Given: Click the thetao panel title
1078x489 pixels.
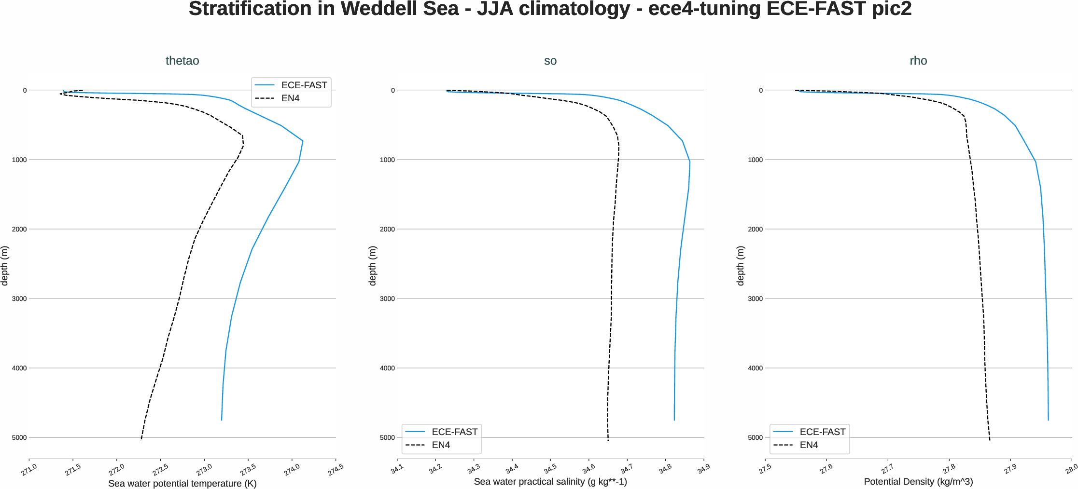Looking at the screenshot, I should click(x=182, y=61).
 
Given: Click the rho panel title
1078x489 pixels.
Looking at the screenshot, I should click(x=918, y=61).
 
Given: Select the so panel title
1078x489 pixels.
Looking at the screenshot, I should click(x=550, y=61).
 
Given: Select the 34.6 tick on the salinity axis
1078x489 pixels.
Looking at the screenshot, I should click(x=588, y=468).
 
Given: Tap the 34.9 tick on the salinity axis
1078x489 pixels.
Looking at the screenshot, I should click(x=703, y=468).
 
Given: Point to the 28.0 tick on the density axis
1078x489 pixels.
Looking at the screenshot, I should click(x=1071, y=468).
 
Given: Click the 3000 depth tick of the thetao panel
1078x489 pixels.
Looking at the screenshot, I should click(x=19, y=299).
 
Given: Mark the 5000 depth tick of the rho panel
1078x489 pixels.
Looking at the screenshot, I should click(x=755, y=438).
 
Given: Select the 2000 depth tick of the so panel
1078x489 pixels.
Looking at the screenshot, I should click(x=387, y=230).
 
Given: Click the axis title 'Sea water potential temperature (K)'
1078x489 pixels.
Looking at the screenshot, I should click(x=182, y=483).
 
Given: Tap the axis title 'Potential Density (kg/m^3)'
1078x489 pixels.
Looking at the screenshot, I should click(x=918, y=481).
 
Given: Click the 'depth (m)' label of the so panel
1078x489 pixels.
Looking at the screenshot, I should click(x=372, y=266).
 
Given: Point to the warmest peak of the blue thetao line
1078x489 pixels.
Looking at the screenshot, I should click(x=303, y=141).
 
